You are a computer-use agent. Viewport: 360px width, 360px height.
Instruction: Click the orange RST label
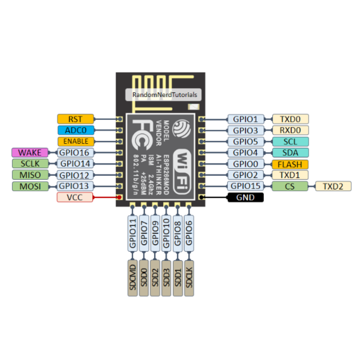click(76, 119)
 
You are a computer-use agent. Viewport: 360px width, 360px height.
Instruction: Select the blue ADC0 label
click(76, 130)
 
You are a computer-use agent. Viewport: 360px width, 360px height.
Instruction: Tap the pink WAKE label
click(30, 153)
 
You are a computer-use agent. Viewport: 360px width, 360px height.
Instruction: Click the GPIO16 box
click(75, 153)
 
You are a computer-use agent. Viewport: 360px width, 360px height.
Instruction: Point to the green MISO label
click(30, 175)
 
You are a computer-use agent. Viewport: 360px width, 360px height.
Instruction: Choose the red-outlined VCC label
click(75, 197)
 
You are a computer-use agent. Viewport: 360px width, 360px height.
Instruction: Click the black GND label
click(246, 197)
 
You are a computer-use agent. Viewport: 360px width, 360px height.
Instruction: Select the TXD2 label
click(333, 186)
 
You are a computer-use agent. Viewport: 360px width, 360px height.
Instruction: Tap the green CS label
click(290, 186)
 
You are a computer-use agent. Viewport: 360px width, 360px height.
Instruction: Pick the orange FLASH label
click(290, 164)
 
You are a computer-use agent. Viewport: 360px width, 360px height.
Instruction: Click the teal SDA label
click(290, 153)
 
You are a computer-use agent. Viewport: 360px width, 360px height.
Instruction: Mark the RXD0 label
click(290, 130)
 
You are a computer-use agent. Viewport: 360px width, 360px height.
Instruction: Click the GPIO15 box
click(246, 186)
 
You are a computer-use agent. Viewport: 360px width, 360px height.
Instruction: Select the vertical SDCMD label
click(133, 278)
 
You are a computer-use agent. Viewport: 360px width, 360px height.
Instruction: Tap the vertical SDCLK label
click(189, 278)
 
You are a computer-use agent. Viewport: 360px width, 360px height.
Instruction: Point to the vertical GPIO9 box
click(155, 233)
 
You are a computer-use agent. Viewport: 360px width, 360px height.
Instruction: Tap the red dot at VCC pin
click(119, 197)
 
